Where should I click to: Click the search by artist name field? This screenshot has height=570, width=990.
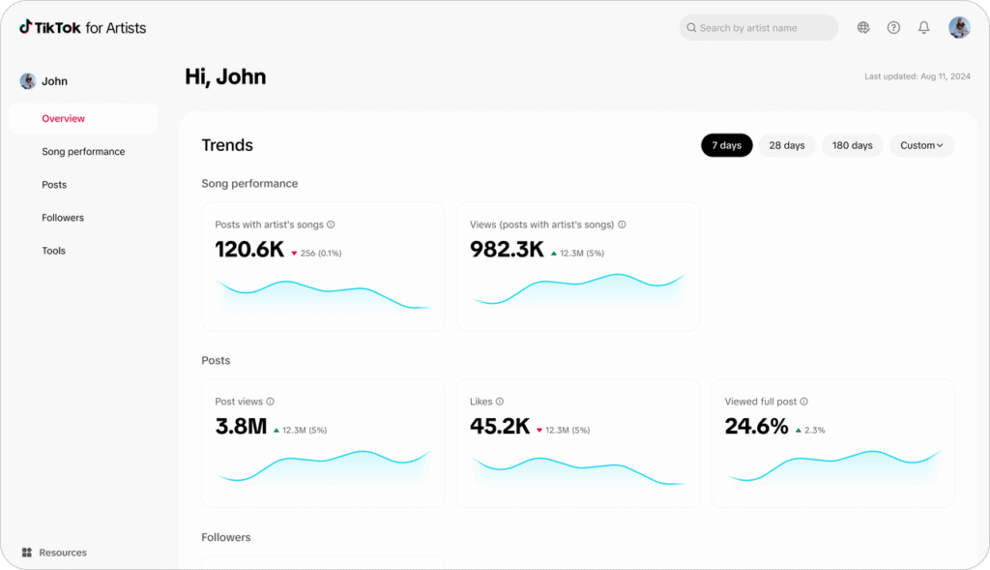(x=758, y=28)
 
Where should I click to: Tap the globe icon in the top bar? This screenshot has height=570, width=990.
(x=863, y=28)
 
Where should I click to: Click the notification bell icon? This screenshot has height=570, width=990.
(x=924, y=28)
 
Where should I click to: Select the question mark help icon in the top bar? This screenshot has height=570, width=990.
(x=893, y=28)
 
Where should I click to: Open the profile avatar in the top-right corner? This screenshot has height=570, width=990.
(x=959, y=28)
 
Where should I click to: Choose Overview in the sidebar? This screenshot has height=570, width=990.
(x=64, y=119)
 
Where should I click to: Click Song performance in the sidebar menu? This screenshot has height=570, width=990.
(x=83, y=152)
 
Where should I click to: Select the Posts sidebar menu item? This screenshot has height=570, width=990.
(x=54, y=185)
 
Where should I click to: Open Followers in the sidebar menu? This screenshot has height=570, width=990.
(x=63, y=218)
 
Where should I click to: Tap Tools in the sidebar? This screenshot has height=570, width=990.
(x=54, y=251)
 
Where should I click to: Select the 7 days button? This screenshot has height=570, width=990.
(x=727, y=145)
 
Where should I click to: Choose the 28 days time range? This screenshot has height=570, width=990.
(x=787, y=145)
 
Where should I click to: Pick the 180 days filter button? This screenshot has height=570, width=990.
(x=853, y=145)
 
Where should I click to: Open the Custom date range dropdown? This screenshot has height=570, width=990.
(x=921, y=145)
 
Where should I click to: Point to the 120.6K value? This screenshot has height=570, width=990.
(x=249, y=250)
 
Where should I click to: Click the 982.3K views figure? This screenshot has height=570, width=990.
(x=507, y=250)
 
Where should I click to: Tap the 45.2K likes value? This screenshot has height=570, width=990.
(x=500, y=427)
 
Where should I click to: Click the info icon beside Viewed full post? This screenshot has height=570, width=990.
(x=804, y=402)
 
